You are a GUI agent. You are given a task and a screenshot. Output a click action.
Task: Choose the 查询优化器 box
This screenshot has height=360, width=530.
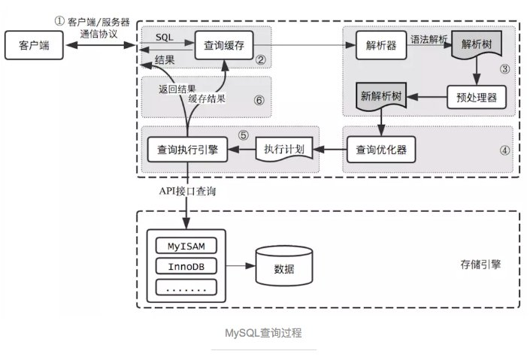click(381, 149)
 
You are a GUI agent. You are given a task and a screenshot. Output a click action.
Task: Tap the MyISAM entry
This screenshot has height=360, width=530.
click(185, 246)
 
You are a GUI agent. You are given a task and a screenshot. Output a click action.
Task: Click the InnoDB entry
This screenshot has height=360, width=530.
click(185, 266)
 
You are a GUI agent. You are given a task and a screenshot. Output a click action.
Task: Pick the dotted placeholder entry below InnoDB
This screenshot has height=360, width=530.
click(185, 286)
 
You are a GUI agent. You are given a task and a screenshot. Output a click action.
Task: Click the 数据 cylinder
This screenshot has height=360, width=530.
click(284, 268)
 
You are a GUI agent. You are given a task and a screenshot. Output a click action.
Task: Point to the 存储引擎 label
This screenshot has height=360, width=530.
click(481, 265)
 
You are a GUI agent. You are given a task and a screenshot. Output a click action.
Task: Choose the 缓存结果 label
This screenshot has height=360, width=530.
click(207, 98)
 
